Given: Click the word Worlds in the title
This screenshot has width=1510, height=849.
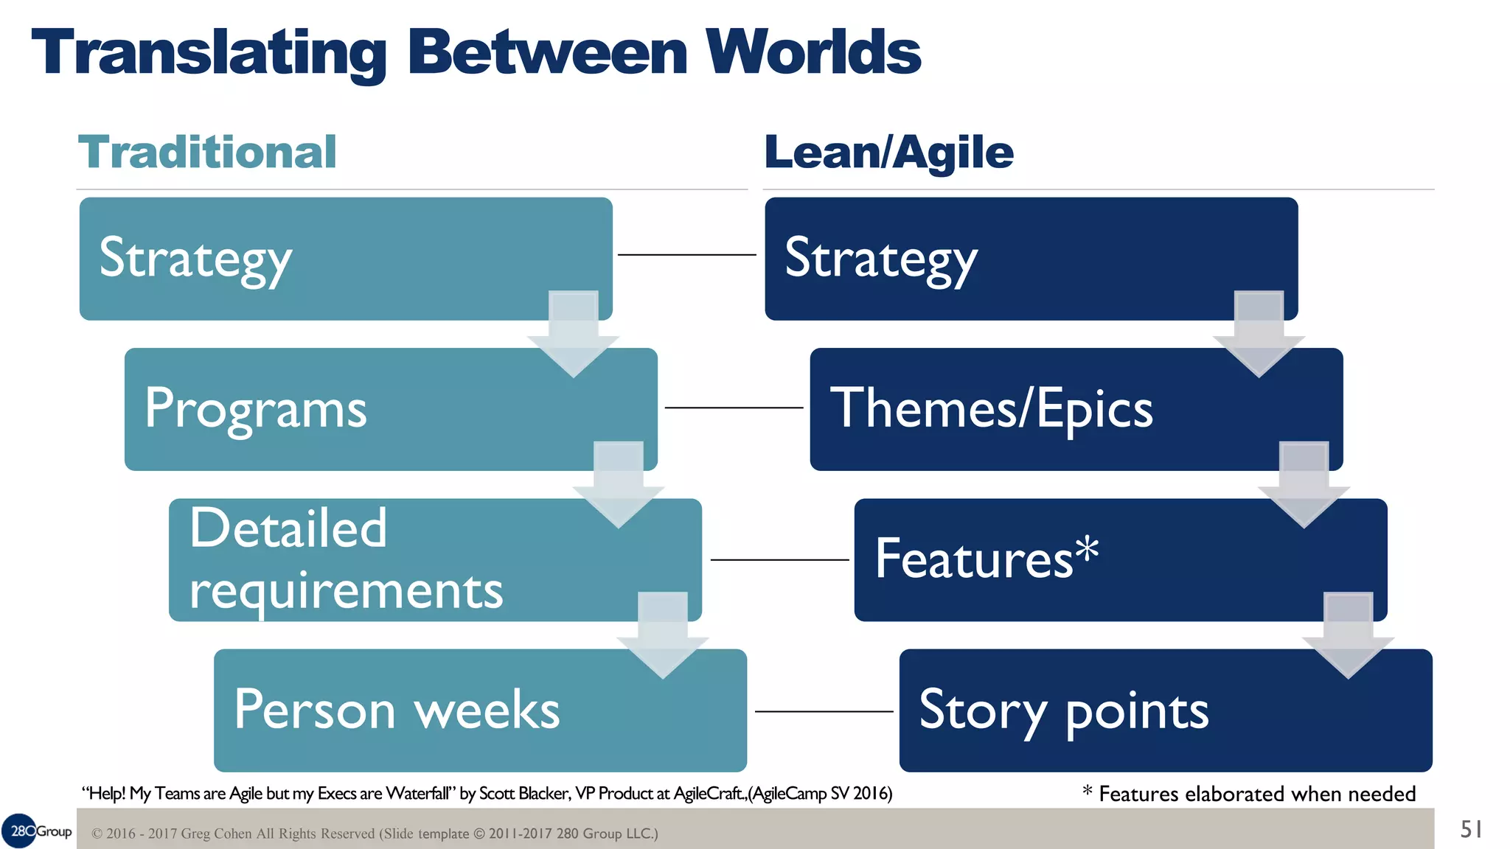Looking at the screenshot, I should coord(813,53).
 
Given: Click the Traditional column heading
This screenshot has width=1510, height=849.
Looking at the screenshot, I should coord(207,153).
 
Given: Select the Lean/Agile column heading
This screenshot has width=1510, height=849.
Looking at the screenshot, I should coord(888,153).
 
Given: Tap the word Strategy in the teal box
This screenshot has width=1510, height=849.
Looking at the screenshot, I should coord(195,259).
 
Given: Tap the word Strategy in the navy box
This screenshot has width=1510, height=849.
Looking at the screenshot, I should coord(881,259).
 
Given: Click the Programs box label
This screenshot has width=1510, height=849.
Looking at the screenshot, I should coord(255,409).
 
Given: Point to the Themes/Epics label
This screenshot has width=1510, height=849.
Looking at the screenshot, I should coord(991,409).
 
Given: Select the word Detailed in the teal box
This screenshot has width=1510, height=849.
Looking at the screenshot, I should coord(288,528).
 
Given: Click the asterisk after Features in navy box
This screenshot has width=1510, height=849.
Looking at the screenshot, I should coord(1086,549).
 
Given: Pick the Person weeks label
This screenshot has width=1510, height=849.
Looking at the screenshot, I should coord(397,710).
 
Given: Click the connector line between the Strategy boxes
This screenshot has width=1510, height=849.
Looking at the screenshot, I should coord(686,255).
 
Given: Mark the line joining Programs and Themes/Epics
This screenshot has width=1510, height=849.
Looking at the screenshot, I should coord(734,408).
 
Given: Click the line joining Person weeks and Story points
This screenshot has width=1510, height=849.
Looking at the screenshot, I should coord(824,711).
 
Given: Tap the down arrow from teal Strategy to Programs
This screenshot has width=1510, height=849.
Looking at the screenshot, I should coord(573,335).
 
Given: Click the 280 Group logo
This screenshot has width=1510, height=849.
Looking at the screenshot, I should coord(37,831).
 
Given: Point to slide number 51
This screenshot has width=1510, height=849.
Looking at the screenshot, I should coord(1471,830).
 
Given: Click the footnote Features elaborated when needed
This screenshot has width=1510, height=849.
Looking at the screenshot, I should coord(1256,794).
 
